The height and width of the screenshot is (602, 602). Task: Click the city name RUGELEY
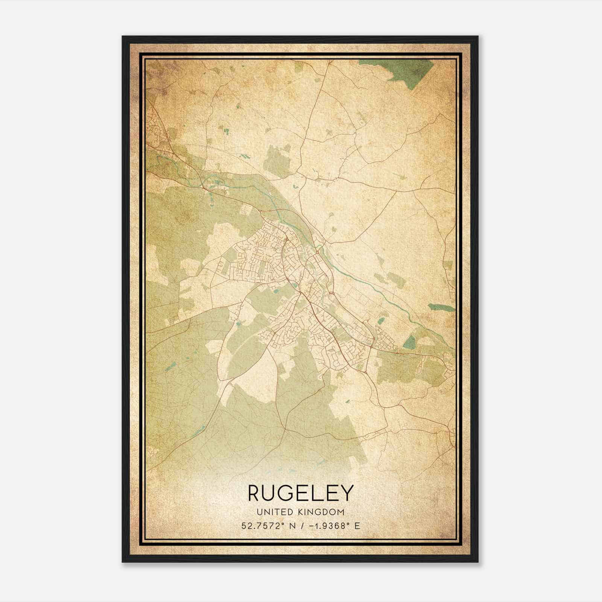[301, 493]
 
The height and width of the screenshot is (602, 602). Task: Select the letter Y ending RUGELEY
[347, 493]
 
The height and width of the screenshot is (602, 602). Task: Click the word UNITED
[274, 512]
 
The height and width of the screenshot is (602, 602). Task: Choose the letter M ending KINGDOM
[341, 512]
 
